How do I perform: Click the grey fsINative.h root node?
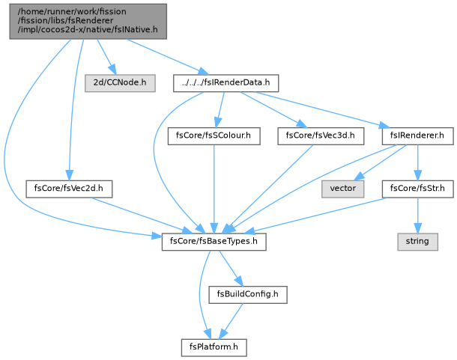click(x=88, y=21)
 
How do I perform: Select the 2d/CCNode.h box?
click(x=120, y=83)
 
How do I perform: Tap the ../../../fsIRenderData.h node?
click(x=226, y=83)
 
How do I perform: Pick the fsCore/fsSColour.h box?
click(x=214, y=136)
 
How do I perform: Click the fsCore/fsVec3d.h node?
click(x=321, y=136)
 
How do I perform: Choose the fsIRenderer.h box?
click(x=417, y=136)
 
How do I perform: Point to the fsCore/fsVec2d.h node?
click(x=69, y=189)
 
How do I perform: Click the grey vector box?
click(x=343, y=189)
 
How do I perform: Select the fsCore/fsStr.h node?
click(x=417, y=189)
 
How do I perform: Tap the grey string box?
click(x=417, y=242)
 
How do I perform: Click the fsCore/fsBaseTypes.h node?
click(x=214, y=242)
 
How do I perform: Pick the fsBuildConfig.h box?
click(x=248, y=295)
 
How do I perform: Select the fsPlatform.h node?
click(x=214, y=348)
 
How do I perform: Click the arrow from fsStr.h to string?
click(x=417, y=216)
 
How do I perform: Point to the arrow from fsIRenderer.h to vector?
click(x=381, y=162)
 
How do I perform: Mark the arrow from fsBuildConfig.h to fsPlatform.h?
click(x=231, y=321)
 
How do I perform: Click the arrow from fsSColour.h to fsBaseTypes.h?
click(x=214, y=189)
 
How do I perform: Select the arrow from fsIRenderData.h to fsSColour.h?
click(x=220, y=110)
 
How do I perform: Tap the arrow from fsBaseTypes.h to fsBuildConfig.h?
click(x=231, y=268)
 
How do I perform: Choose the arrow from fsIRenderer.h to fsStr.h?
click(x=417, y=162)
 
